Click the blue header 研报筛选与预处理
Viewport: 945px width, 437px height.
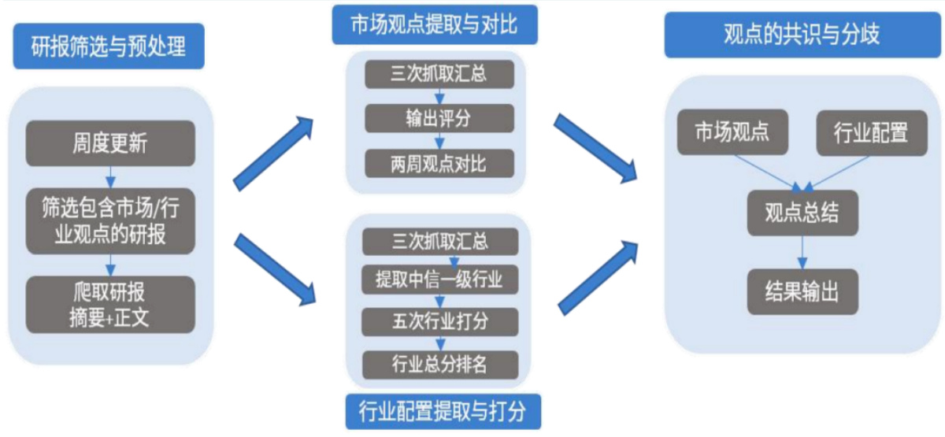pyautogui.click(x=109, y=46)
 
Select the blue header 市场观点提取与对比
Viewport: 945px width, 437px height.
pyautogui.click(x=434, y=25)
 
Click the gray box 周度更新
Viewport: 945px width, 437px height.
pyautogui.click(x=109, y=143)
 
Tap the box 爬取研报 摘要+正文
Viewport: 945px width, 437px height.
pyautogui.click(x=109, y=304)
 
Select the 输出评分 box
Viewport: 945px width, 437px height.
pyautogui.click(x=439, y=119)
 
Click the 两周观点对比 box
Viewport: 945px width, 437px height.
pyautogui.click(x=439, y=164)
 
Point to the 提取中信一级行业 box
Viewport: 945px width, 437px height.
pyautogui.click(x=439, y=279)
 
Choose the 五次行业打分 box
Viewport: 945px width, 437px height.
pyautogui.click(x=439, y=321)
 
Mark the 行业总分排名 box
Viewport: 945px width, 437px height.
pyautogui.click(x=439, y=364)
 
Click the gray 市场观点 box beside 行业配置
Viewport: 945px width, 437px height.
pyautogui.click(x=732, y=131)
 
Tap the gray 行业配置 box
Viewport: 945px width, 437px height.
pyautogui.click(x=870, y=131)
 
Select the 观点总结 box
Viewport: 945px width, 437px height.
pyautogui.click(x=802, y=213)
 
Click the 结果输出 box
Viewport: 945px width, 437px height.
pyautogui.click(x=802, y=293)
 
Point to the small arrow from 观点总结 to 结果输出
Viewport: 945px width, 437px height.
pyautogui.click(x=802, y=253)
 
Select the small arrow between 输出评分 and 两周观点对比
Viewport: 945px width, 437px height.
pyautogui.click(x=439, y=142)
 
